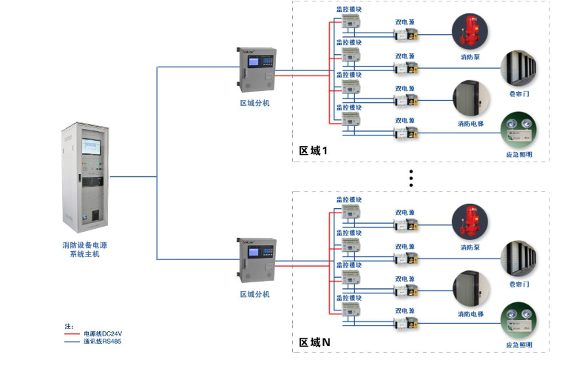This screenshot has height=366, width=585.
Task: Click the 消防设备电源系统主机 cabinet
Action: pos(83,179)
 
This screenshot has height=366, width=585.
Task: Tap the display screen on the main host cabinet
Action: pos(92,147)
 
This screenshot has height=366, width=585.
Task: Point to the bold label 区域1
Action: pos(313,150)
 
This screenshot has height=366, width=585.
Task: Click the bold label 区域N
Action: pos(314,342)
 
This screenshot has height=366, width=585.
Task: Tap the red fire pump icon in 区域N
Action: pos(470,222)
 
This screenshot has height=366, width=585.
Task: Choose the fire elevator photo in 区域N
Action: pos(470,287)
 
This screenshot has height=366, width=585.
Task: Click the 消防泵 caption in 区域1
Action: pos(470,56)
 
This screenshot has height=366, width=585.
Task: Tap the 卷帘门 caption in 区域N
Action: pos(519,284)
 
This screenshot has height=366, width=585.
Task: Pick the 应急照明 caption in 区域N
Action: pos(519,345)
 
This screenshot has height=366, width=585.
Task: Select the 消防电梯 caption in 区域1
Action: pos(470,124)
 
